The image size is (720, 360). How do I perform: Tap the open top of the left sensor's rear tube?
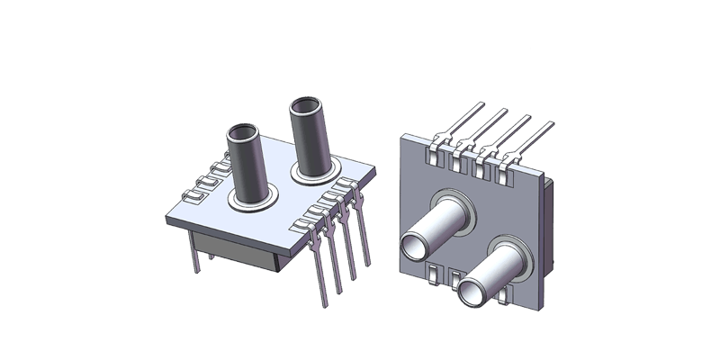pos(307,106)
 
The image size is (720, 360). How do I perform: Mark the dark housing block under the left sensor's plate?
pos(238,247)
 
